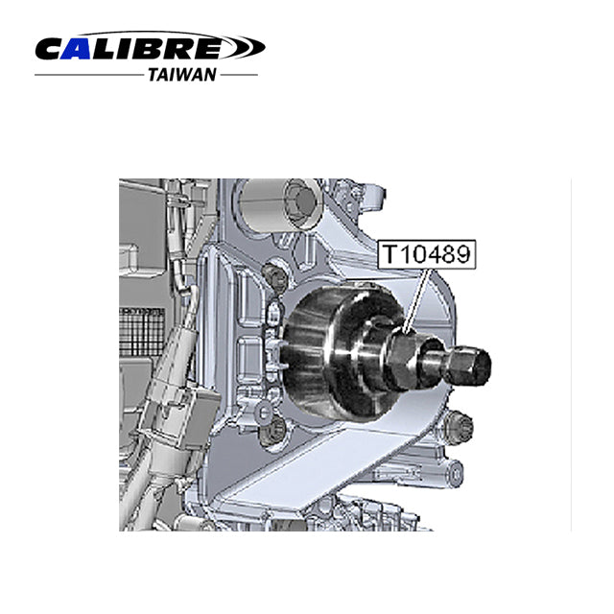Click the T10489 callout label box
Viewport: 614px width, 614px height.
click(426, 254)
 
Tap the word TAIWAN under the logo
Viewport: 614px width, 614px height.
click(182, 75)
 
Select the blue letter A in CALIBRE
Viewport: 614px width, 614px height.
click(78, 49)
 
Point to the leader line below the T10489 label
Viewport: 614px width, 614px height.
click(419, 300)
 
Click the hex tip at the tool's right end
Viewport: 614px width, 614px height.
click(472, 365)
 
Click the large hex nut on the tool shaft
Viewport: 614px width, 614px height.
click(405, 358)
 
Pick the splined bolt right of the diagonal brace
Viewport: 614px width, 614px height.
click(459, 428)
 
